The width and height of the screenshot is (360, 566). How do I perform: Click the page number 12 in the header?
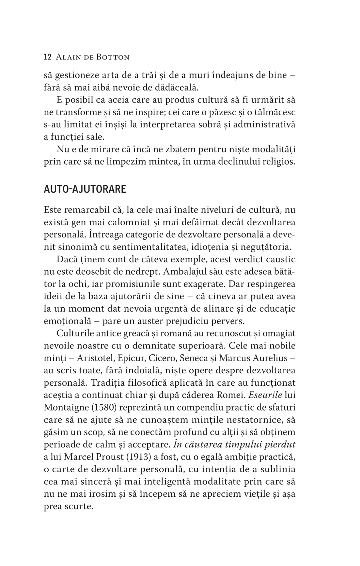click(x=47, y=57)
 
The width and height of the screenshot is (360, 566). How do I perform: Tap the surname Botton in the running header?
click(x=113, y=57)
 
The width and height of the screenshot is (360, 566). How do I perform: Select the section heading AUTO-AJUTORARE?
click(x=85, y=189)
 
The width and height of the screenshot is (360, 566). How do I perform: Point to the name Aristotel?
click(x=95, y=358)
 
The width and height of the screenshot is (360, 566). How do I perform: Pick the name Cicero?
click(x=160, y=358)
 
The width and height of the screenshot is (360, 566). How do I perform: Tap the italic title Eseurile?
click(x=265, y=395)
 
